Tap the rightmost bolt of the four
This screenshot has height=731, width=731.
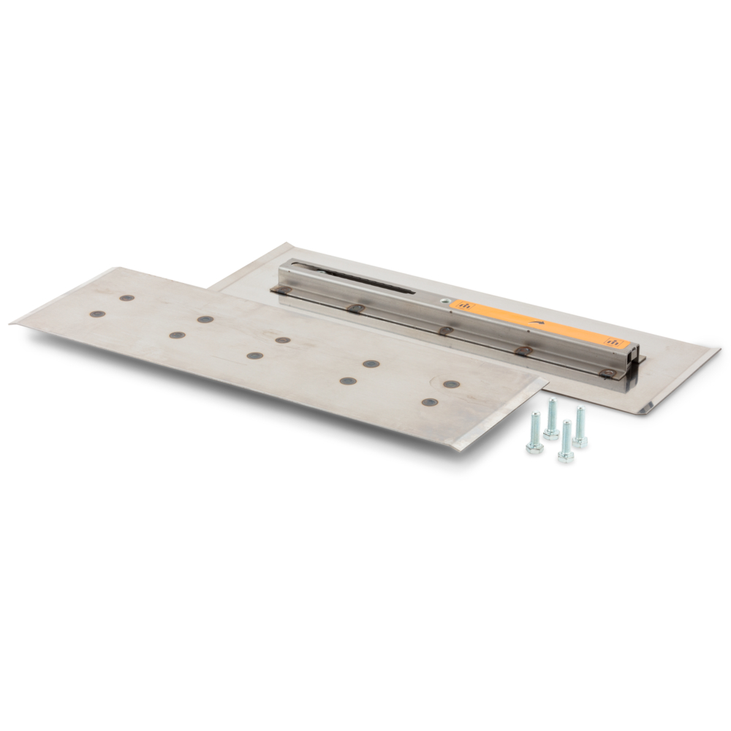click(x=579, y=427)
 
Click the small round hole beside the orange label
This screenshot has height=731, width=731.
click(x=444, y=300)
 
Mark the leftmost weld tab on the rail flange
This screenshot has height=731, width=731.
click(x=282, y=290)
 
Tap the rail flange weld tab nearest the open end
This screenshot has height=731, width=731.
click(x=607, y=373)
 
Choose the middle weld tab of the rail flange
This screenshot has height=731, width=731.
click(x=445, y=330)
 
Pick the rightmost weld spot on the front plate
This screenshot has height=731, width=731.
click(x=452, y=384)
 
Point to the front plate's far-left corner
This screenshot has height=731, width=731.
click(x=12, y=322)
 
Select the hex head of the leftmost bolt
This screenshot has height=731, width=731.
click(x=534, y=446)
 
